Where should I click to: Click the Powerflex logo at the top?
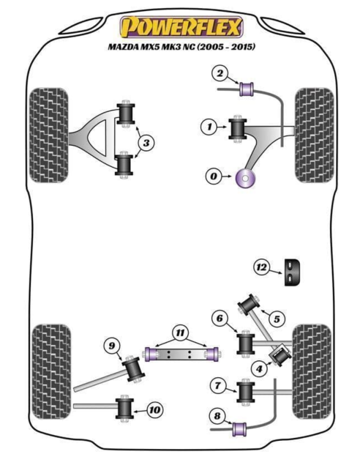tap(181, 27)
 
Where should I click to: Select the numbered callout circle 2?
tap(220, 73)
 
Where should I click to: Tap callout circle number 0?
tap(214, 177)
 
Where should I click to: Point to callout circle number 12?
tap(261, 267)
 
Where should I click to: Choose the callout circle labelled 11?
tap(180, 332)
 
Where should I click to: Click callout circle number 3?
tap(146, 143)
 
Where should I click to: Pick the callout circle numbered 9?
tap(112, 346)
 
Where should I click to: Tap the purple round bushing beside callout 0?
tap(245, 178)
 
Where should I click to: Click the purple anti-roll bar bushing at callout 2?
tap(247, 89)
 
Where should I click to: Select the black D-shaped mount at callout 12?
tap(292, 272)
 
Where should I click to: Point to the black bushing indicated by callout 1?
tap(237, 129)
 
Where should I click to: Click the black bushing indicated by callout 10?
tap(124, 408)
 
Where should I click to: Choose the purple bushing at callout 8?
tap(239, 429)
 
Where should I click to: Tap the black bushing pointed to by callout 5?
tap(249, 304)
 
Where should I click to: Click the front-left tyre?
tap(48, 135)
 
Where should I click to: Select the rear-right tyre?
tap(312, 371)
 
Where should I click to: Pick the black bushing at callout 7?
tap(246, 391)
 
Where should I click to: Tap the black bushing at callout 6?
tap(246, 343)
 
